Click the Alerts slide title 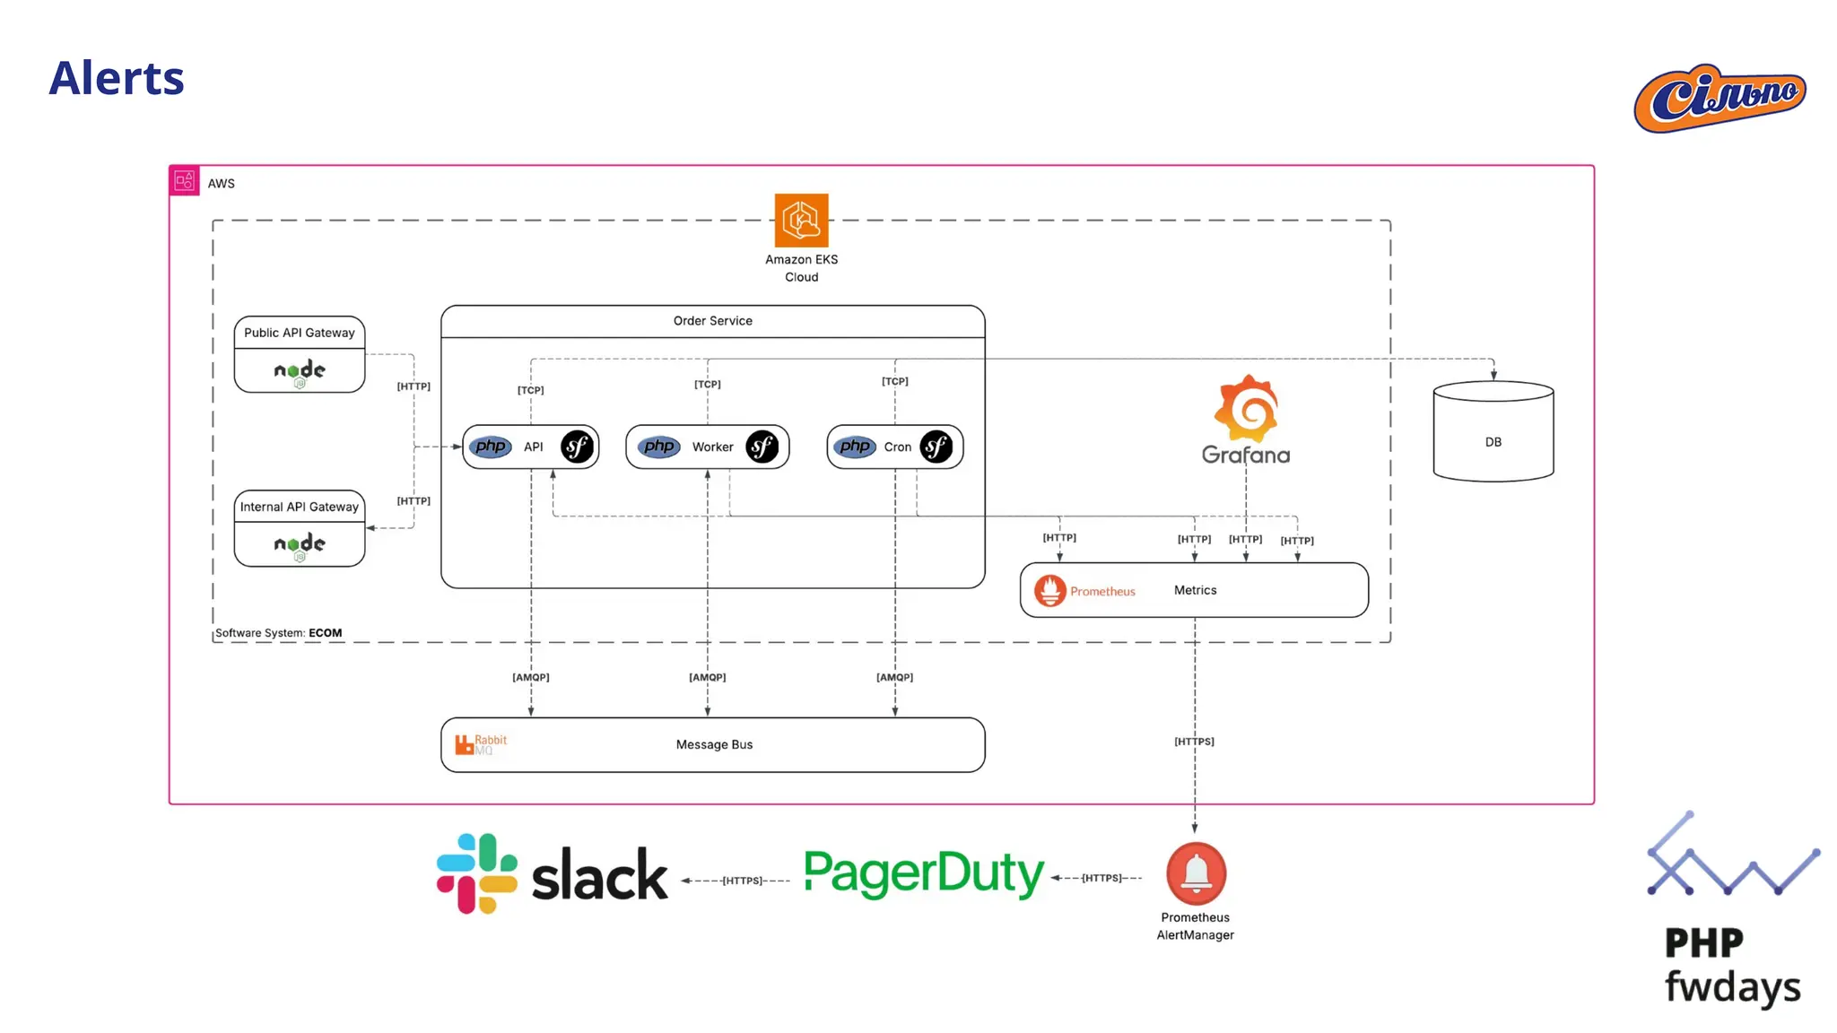117,78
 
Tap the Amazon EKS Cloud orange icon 801,220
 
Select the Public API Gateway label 300,333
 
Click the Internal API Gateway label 300,507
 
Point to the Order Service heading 713,321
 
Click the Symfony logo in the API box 577,447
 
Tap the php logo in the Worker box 659,447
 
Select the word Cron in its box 898,447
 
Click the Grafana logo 1246,420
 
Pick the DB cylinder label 1493,442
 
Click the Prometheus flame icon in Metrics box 1050,591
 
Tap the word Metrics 1196,590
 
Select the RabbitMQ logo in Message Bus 481,744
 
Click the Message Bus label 715,744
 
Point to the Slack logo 553,874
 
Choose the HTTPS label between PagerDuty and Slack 743,881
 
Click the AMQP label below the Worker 708,677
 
